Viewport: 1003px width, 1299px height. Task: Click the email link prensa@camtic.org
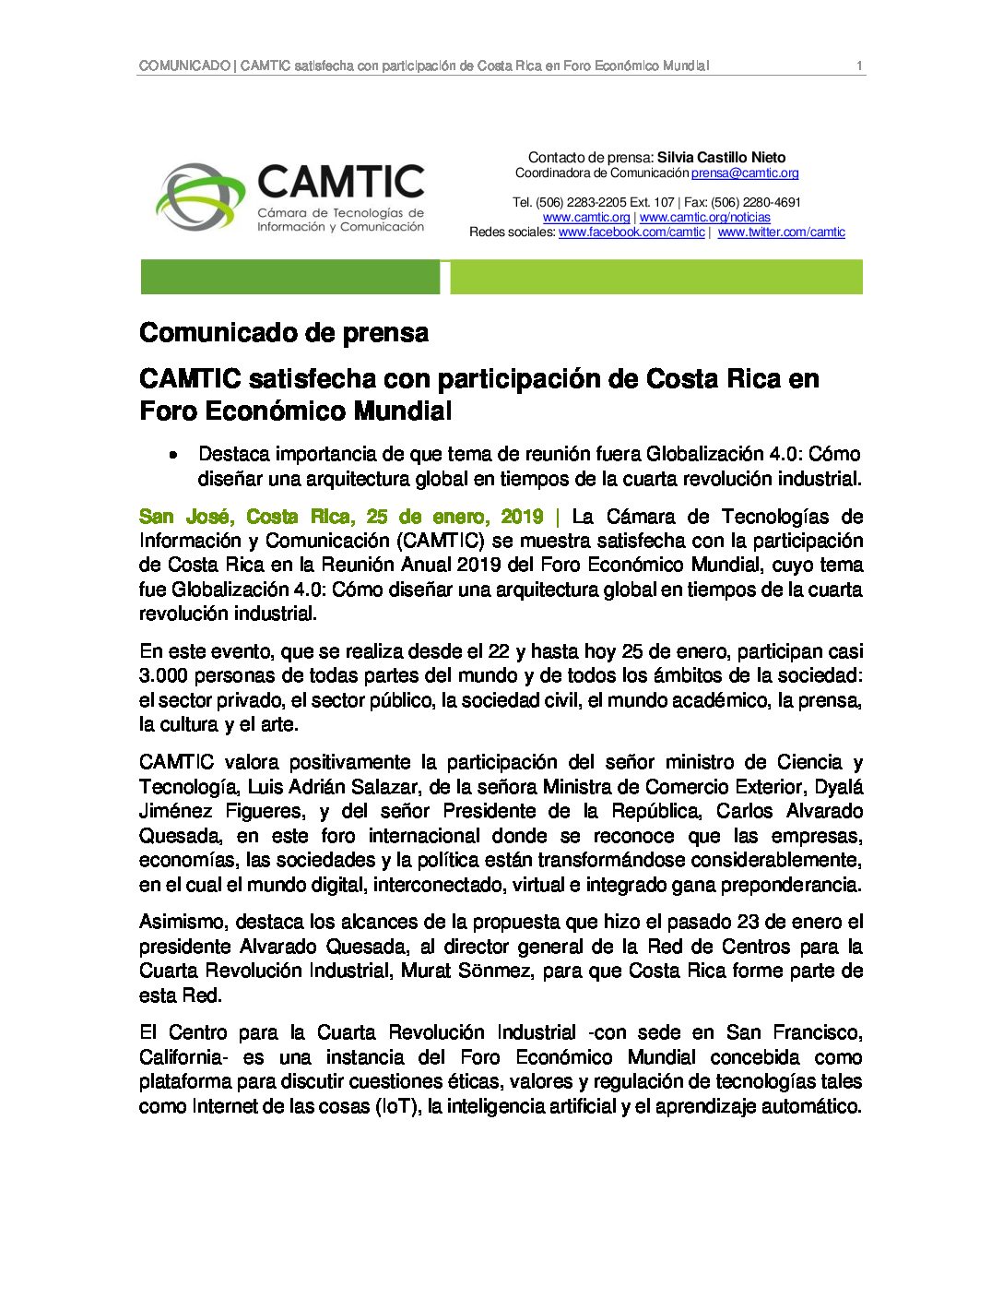click(745, 173)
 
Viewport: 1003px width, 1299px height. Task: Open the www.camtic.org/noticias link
click(705, 218)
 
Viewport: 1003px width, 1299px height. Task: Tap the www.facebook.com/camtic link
click(631, 232)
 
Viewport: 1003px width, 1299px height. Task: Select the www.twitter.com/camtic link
click(781, 232)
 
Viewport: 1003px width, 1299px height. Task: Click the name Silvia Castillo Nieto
click(721, 158)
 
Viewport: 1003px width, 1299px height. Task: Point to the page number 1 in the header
click(859, 66)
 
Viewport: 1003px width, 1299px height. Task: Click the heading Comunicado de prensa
click(284, 333)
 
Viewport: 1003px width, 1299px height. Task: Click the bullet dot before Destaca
click(172, 455)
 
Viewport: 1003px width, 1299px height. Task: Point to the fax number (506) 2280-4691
click(756, 203)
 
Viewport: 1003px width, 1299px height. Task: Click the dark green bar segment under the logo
click(289, 277)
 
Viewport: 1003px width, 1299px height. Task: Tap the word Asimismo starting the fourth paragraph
click(183, 922)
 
